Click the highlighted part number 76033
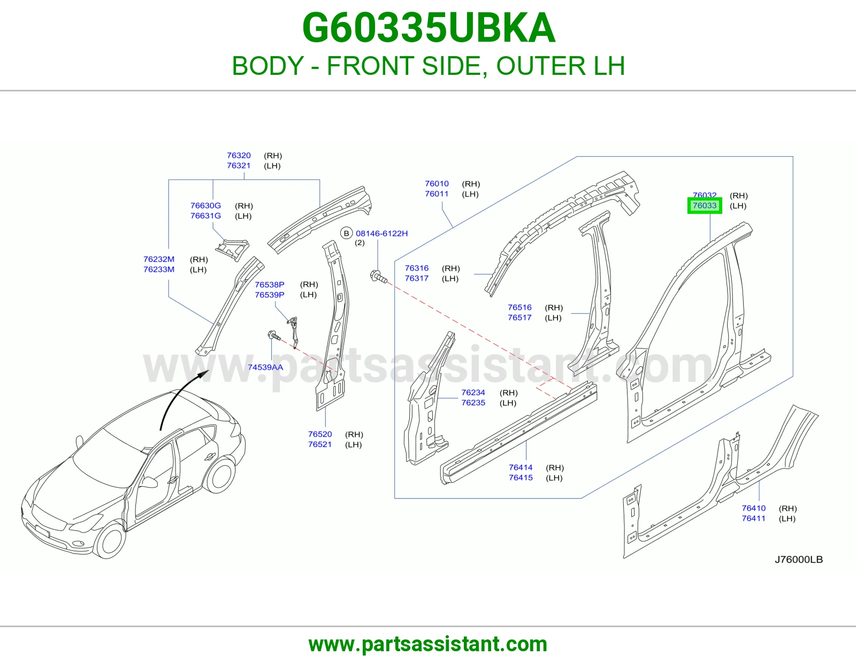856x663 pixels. (705, 205)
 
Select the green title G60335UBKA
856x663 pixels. (429, 28)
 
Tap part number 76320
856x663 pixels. (239, 156)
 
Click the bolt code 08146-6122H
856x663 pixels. (381, 234)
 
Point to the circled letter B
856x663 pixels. (346, 234)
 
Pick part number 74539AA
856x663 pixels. (265, 367)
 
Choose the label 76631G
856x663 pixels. (205, 216)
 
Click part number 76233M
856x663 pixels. (159, 269)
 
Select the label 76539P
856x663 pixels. (270, 295)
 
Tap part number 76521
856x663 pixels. (320, 444)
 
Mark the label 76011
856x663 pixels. (437, 194)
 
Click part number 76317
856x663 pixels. (417, 278)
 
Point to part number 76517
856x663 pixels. (519, 317)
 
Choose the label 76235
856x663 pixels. (473, 403)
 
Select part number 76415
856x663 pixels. (521, 477)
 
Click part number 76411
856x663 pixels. (754, 518)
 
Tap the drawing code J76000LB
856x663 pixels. (799, 559)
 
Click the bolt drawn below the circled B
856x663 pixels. (379, 276)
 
